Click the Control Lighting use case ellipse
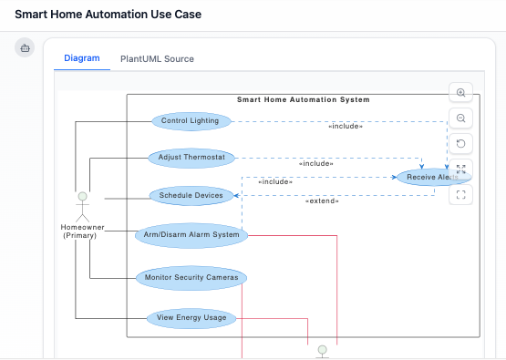coord(190,121)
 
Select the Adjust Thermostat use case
coord(191,157)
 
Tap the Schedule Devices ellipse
coord(191,195)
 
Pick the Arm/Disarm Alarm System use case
coord(191,235)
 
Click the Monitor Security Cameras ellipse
coord(191,276)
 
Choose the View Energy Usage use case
coord(191,318)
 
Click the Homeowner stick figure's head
coord(82,197)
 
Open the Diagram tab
coord(82,58)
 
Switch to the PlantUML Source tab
coord(157,58)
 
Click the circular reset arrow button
coord(460,143)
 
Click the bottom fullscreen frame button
coord(460,194)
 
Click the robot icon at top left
coord(25,47)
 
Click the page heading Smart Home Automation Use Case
coord(108,15)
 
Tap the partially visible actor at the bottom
coord(321,352)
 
